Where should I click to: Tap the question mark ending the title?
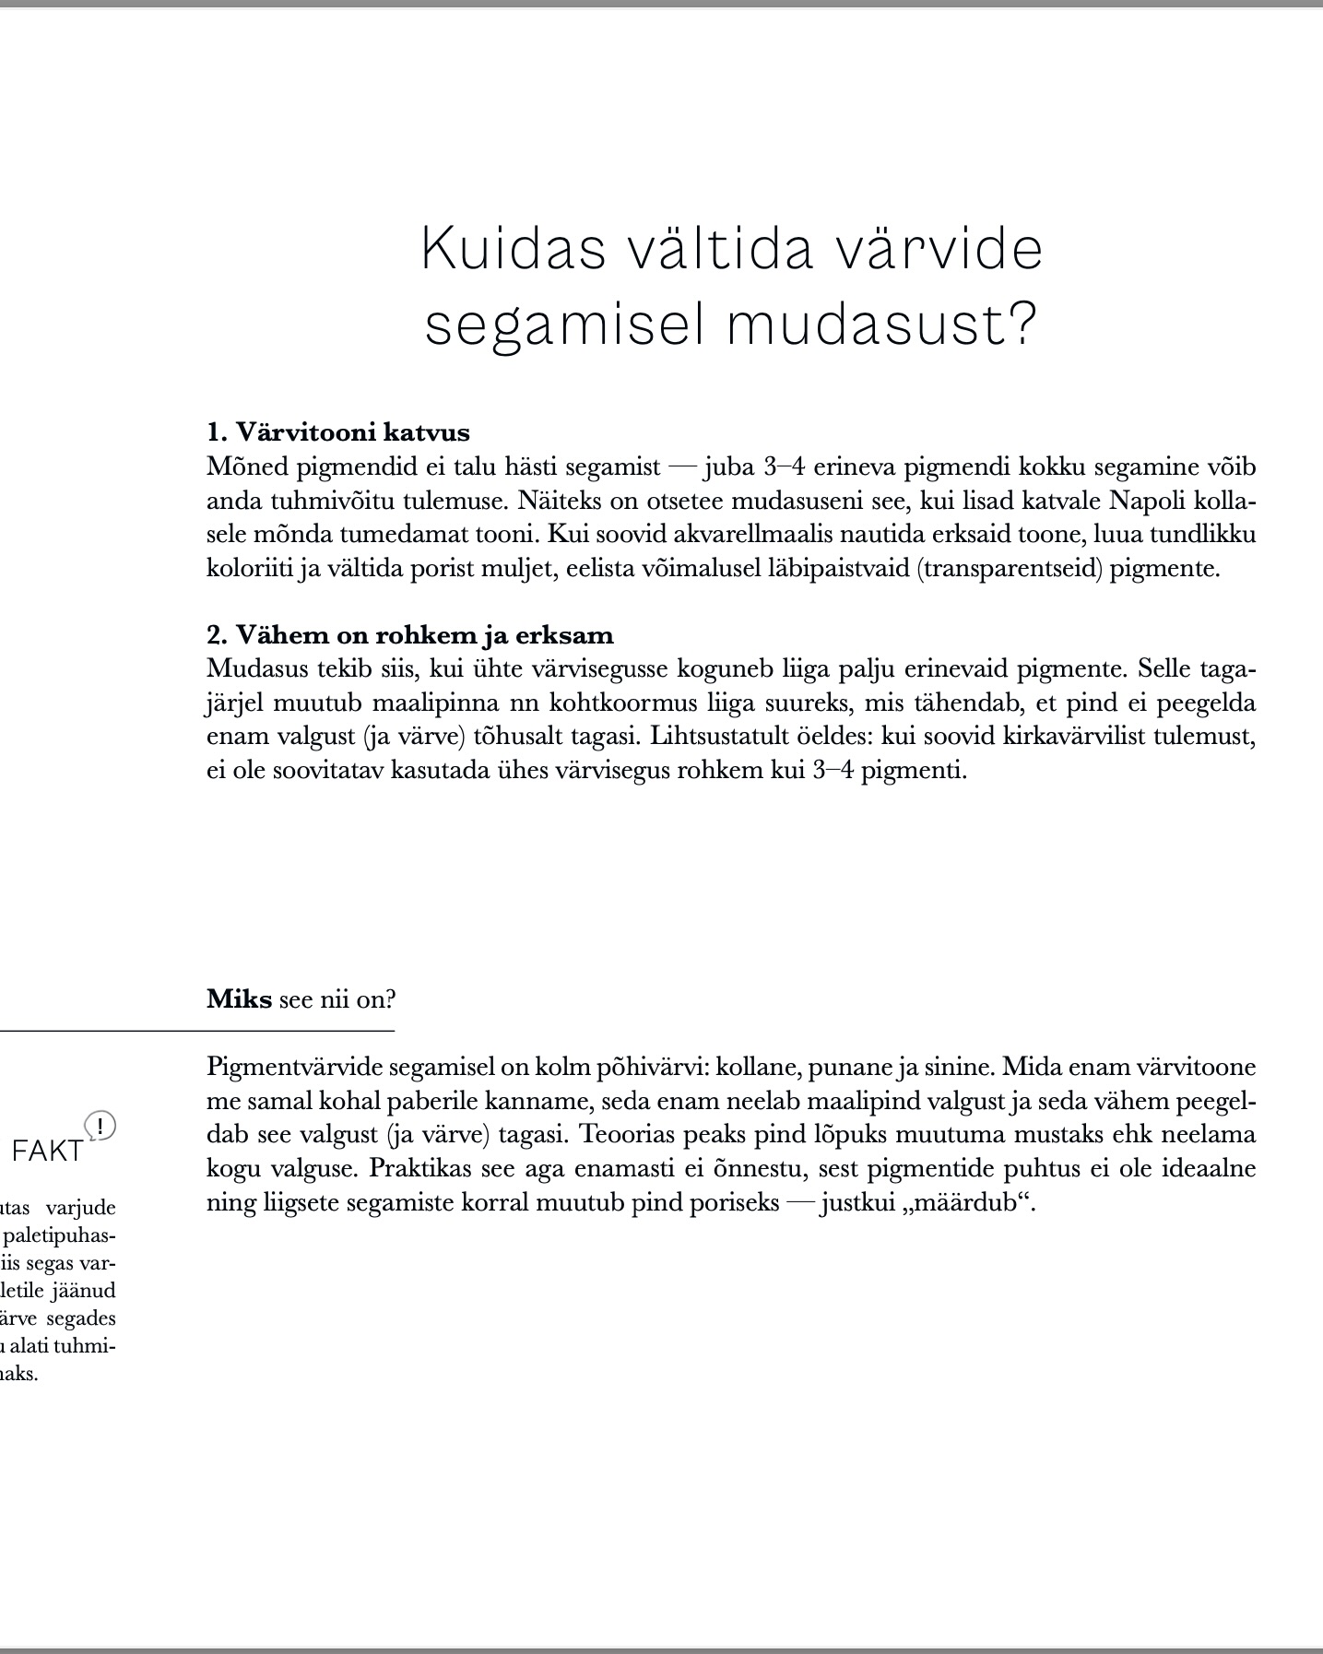click(x=1021, y=325)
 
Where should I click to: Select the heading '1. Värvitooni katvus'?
click(x=338, y=432)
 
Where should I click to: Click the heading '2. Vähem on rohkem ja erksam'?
click(x=410, y=635)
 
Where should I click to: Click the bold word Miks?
click(x=239, y=999)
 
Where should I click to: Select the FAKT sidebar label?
click(x=48, y=1151)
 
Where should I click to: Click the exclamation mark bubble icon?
click(x=100, y=1126)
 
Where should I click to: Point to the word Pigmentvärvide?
click(x=294, y=1068)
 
